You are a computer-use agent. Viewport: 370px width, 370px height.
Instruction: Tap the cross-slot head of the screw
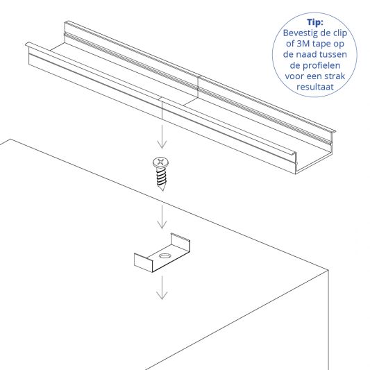(x=160, y=162)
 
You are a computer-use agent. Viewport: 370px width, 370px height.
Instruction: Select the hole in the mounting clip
(x=164, y=256)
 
